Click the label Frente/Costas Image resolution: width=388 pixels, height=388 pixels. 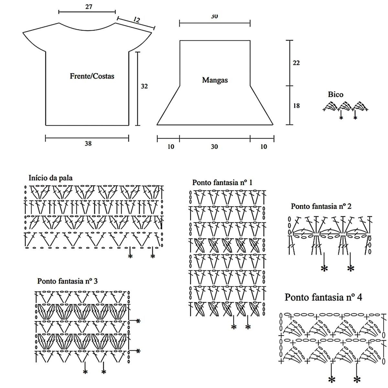(x=92, y=76)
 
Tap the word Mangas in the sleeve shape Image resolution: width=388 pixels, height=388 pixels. (x=215, y=80)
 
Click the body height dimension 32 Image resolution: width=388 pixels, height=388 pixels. (x=144, y=86)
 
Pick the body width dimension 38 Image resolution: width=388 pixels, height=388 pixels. (x=88, y=144)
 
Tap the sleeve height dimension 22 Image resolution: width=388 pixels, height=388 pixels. (x=296, y=63)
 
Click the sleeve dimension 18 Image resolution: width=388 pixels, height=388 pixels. (x=296, y=105)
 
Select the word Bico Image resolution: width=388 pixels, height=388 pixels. (x=336, y=94)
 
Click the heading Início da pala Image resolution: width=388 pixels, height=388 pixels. (x=51, y=178)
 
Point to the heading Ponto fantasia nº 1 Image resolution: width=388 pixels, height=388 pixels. (x=222, y=182)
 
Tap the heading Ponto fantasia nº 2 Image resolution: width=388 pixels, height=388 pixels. (x=321, y=206)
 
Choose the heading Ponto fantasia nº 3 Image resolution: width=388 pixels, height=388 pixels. (x=68, y=281)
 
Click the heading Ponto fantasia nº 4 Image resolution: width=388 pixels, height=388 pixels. (x=323, y=297)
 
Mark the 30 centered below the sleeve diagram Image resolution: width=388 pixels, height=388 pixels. (x=214, y=147)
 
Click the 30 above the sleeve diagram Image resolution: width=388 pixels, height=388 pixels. (x=214, y=16)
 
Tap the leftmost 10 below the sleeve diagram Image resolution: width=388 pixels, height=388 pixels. (x=171, y=147)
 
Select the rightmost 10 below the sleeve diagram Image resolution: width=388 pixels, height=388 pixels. (x=264, y=147)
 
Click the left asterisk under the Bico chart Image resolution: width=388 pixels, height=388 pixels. (x=341, y=118)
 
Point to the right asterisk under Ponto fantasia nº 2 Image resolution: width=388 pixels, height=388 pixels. (x=351, y=268)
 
